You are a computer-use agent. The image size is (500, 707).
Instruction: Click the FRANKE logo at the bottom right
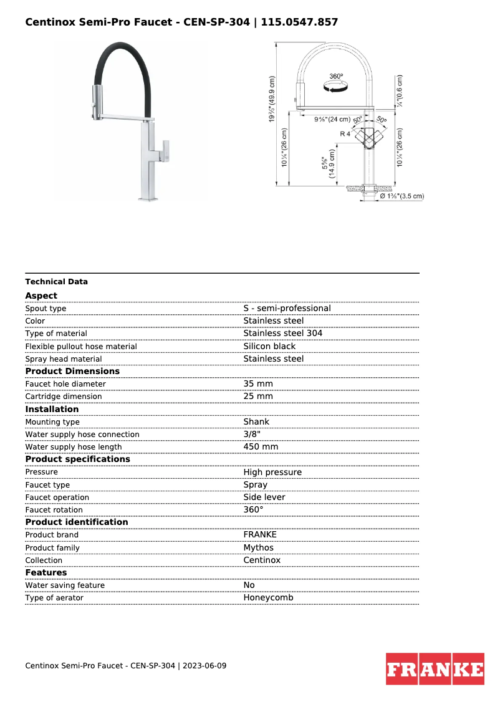pyautogui.click(x=435, y=669)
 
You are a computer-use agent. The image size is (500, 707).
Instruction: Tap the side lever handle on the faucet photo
pyautogui.click(x=165, y=150)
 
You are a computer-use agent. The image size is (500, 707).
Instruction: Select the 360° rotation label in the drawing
pyautogui.click(x=336, y=76)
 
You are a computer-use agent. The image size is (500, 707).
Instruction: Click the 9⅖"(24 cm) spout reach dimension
pyautogui.click(x=332, y=119)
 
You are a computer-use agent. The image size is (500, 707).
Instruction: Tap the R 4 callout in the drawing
pyautogui.click(x=345, y=134)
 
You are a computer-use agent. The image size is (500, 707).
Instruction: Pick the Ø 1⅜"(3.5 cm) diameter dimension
pyautogui.click(x=401, y=196)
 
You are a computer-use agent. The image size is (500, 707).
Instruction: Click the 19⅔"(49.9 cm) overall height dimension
pyautogui.click(x=272, y=100)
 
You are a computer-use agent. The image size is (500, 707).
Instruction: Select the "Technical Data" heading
pyautogui.click(x=57, y=282)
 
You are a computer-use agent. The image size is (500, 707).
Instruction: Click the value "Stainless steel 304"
pyautogui.click(x=283, y=334)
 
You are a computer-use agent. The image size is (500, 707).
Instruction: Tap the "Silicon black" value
pyautogui.click(x=269, y=346)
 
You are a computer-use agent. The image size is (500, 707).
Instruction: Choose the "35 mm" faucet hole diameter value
pyautogui.click(x=258, y=383)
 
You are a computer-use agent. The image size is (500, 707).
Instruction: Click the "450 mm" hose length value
pyautogui.click(x=261, y=446)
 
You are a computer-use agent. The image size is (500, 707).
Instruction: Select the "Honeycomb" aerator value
pyautogui.click(x=268, y=597)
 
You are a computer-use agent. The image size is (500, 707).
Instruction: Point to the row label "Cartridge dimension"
pyautogui.click(x=64, y=397)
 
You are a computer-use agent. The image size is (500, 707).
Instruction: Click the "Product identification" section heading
pyautogui.click(x=77, y=522)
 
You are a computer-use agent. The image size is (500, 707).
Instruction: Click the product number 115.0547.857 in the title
pyautogui.click(x=300, y=22)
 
